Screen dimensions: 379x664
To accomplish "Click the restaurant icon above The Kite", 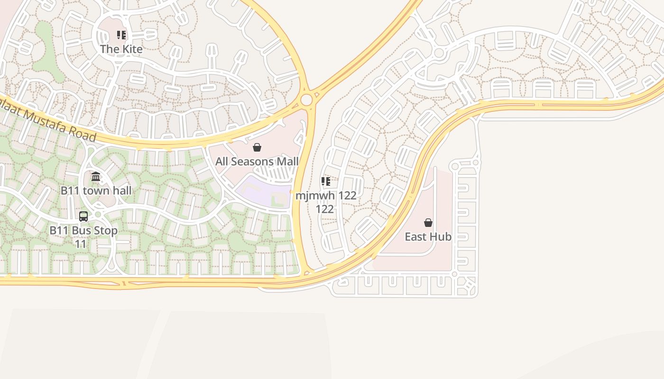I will click(x=121, y=35).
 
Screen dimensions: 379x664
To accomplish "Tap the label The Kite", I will click(x=121, y=49).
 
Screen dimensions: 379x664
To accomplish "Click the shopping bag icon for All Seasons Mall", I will click(x=257, y=147).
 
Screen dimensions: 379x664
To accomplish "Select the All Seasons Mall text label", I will click(x=257, y=162).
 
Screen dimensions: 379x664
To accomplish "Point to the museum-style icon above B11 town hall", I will click(x=96, y=177).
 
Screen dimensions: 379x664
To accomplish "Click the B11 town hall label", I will click(x=96, y=191).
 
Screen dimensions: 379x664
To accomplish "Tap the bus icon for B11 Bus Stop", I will click(x=83, y=217).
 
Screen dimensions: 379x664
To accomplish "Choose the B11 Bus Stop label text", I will click(x=83, y=231).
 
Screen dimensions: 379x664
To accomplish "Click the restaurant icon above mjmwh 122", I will click(x=325, y=181).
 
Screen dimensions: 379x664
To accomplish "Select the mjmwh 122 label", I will click(x=326, y=196).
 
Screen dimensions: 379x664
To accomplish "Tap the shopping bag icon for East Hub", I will click(x=428, y=223).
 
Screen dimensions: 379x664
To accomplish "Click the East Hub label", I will click(x=428, y=237).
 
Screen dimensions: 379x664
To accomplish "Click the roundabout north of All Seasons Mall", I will click(x=306, y=100).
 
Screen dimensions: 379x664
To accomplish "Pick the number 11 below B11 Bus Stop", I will click(x=81, y=244).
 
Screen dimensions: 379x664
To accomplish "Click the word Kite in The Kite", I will click(x=132, y=49).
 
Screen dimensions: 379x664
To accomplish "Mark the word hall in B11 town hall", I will click(x=121, y=191).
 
